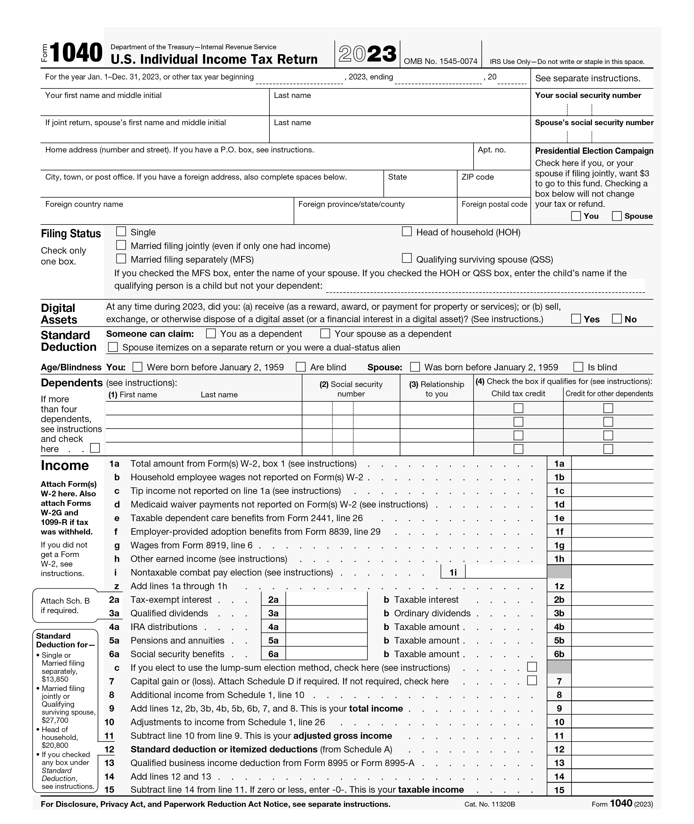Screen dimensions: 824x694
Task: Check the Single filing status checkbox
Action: pos(121,231)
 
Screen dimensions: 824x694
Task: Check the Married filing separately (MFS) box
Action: pos(121,259)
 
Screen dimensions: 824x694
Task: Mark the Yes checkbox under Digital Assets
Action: pos(576,319)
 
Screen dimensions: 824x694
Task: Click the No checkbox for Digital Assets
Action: pos(616,319)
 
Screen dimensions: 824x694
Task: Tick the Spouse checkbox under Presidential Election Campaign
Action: pos(616,216)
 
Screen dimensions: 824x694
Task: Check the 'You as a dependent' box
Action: pos(211,334)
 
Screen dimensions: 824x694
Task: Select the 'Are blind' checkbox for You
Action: pos(300,367)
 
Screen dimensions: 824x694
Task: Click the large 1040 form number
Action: pos(76,53)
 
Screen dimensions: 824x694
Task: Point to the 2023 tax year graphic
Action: pos(367,54)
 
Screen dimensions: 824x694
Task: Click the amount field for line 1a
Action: pos(612,463)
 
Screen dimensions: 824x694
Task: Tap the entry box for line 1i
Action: pos(506,572)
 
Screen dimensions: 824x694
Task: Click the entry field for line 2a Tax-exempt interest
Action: pos(326,599)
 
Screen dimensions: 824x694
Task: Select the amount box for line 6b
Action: pos(612,654)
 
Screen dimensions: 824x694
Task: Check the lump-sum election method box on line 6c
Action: pos(532,667)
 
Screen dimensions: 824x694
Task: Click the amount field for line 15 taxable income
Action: pos(612,789)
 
